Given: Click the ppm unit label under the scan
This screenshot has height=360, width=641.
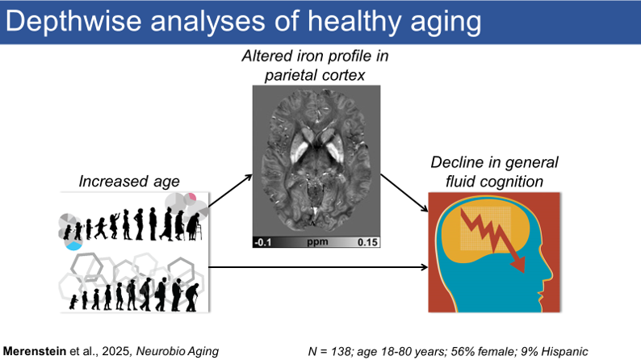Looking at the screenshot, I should (x=315, y=241).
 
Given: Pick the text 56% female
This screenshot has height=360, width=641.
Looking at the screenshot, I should (x=500, y=350).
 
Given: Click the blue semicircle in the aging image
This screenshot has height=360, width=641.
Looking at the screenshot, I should (x=75, y=244).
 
